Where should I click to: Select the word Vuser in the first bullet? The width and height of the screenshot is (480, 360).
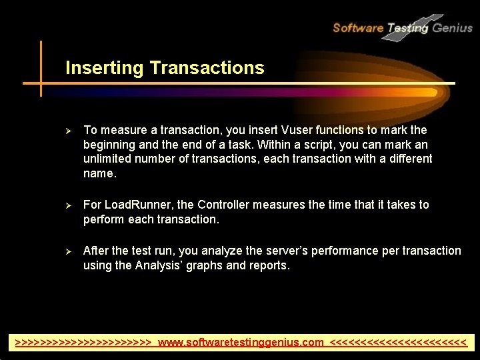pyautogui.click(x=287, y=130)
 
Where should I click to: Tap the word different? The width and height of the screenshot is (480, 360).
pyautogui.click(x=406, y=159)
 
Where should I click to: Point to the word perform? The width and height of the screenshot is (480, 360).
pyautogui.click(x=103, y=219)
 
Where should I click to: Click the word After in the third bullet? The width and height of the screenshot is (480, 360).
pyautogui.click(x=95, y=251)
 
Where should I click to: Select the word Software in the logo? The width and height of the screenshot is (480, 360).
pyautogui.click(x=358, y=28)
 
